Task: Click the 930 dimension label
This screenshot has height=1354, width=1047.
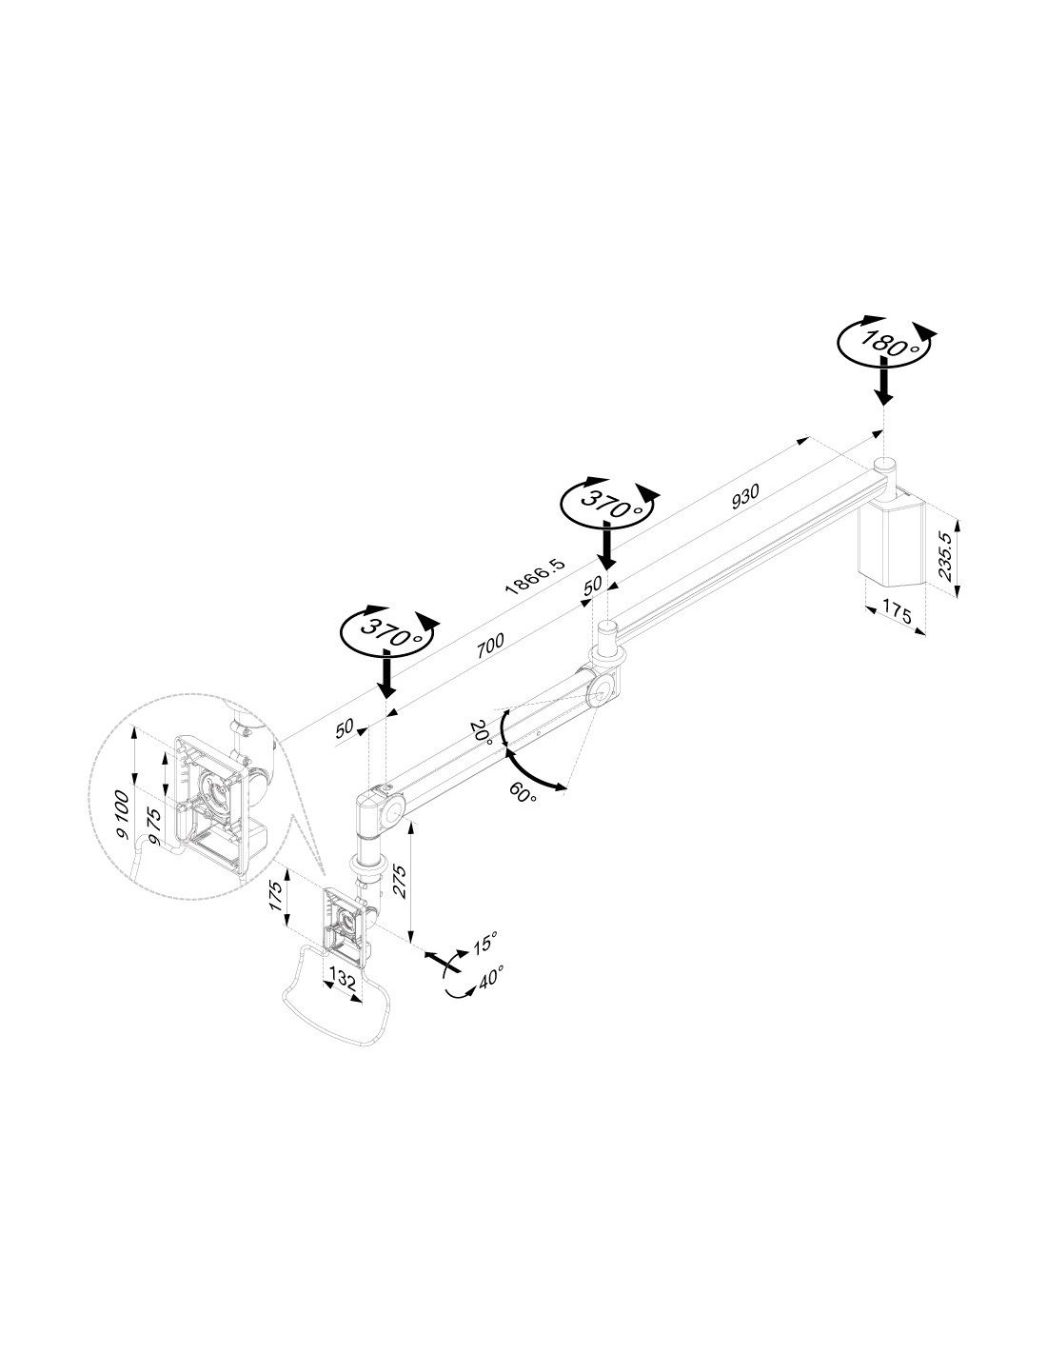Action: click(x=745, y=496)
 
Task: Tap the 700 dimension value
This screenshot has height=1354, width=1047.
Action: click(x=490, y=645)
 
